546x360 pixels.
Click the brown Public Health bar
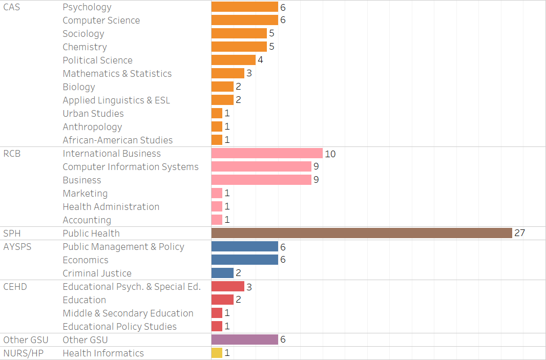(362, 233)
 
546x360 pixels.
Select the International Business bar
(267, 153)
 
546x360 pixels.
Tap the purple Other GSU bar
(244, 340)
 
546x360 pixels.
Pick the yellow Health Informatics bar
(217, 353)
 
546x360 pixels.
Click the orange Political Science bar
(233, 60)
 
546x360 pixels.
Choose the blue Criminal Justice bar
(222, 273)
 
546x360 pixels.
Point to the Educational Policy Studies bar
(217, 326)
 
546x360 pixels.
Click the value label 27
(520, 233)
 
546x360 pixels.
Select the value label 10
(330, 154)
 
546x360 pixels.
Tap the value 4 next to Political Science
(260, 60)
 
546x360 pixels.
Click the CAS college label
(12, 7)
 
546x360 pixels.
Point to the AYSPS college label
(17, 246)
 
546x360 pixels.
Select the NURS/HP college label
(24, 353)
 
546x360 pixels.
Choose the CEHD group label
(15, 286)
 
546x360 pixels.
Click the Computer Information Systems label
(131, 166)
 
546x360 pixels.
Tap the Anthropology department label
(92, 126)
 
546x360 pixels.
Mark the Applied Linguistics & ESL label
(116, 100)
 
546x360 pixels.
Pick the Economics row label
(86, 260)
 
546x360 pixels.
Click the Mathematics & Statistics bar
(227, 73)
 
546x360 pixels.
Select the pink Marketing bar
(217, 193)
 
